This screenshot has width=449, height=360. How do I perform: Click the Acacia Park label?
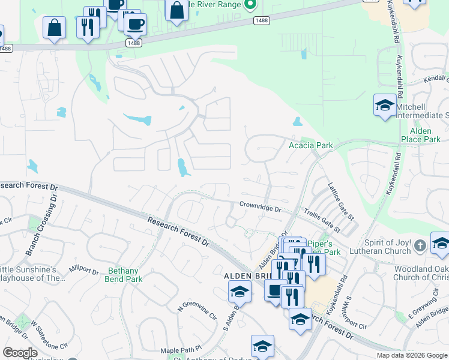310,146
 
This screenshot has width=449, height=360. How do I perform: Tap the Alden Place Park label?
425,134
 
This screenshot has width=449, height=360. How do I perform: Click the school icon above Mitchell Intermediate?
384,106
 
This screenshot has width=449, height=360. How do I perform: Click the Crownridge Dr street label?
260,208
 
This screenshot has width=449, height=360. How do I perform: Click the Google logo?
20,353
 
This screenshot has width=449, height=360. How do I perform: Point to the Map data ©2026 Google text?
412,355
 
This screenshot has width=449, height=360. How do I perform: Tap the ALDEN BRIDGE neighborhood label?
248,275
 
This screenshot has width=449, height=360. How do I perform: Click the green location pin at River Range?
252,4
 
